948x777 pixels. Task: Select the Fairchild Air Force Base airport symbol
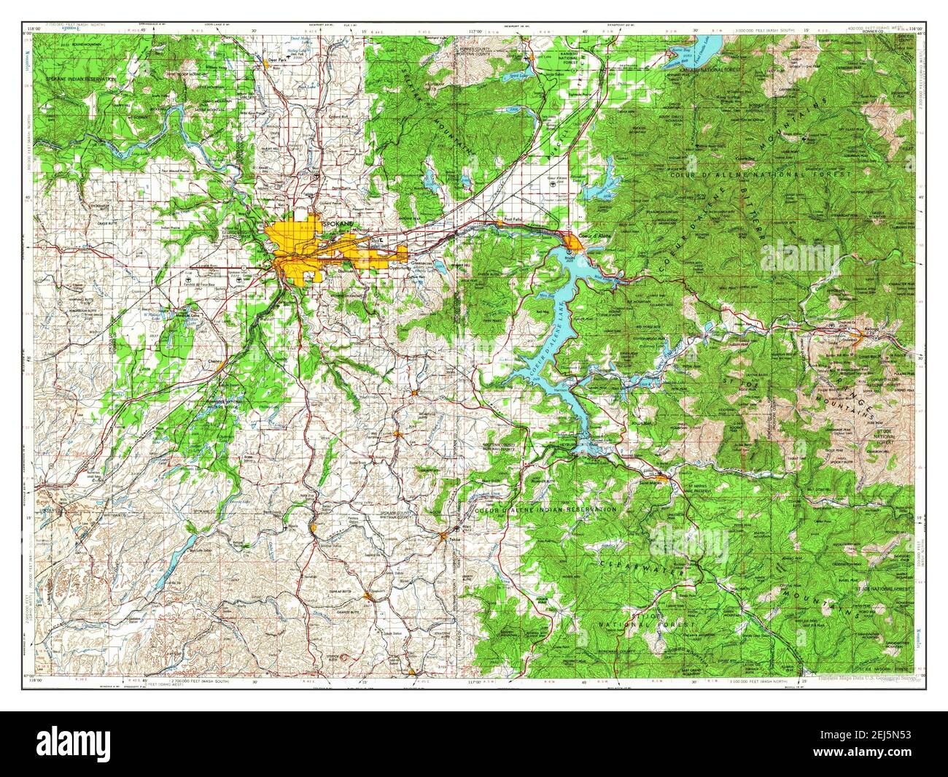point(189,279)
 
